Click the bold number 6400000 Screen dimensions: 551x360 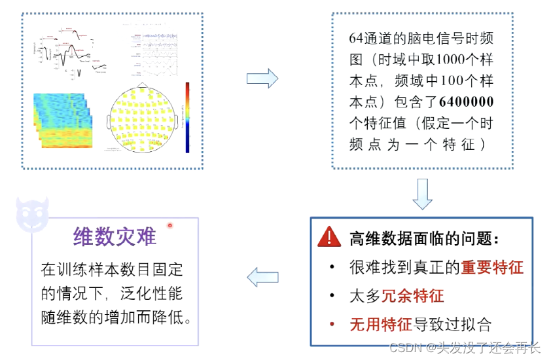467,101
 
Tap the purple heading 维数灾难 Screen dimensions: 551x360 115,236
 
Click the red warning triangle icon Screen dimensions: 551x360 329,238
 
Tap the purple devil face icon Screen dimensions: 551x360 32,214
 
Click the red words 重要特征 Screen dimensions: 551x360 492,268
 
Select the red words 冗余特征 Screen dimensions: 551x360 412,296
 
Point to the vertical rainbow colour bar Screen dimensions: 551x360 187,117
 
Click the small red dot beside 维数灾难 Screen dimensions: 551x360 169,226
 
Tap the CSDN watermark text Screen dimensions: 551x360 405,348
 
